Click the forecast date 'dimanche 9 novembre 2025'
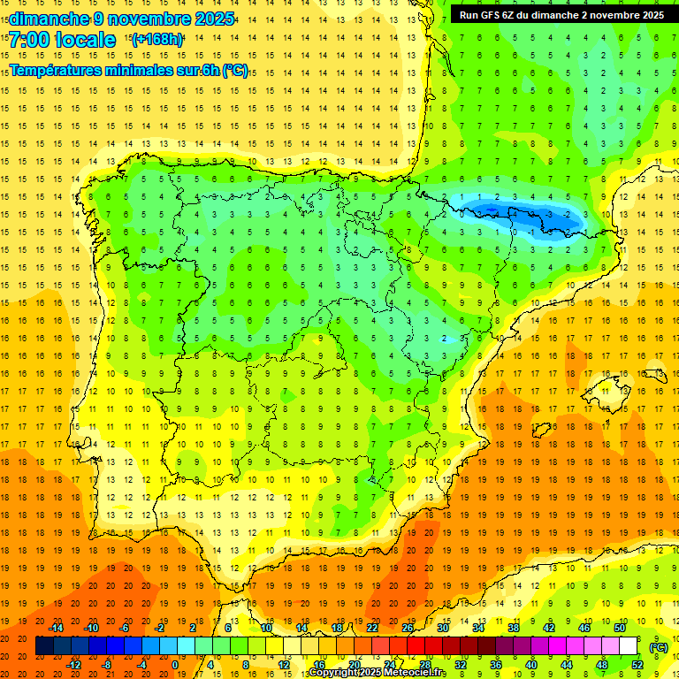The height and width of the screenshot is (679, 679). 122,19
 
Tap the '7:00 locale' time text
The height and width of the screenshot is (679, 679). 63,40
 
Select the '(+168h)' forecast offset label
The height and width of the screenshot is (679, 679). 157,40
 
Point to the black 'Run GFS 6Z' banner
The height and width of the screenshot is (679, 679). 562,15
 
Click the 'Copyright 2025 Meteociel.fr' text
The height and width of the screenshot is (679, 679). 378,673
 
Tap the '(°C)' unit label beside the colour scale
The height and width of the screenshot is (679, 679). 659,646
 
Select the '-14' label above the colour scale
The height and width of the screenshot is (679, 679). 57,628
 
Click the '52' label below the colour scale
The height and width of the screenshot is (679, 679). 637,665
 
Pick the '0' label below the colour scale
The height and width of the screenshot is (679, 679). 175,665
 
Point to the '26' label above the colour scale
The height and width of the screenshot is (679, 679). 408,628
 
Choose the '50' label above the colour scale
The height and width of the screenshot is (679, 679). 620,628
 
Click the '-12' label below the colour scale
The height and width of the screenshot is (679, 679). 73,665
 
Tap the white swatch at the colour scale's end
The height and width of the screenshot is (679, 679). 629,646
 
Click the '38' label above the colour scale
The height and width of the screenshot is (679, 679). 514,628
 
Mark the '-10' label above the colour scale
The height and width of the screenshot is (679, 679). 91,628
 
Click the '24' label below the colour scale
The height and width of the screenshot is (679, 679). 389,665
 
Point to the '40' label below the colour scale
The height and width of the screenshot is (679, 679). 531,665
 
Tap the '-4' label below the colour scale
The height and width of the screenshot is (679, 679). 142,665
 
